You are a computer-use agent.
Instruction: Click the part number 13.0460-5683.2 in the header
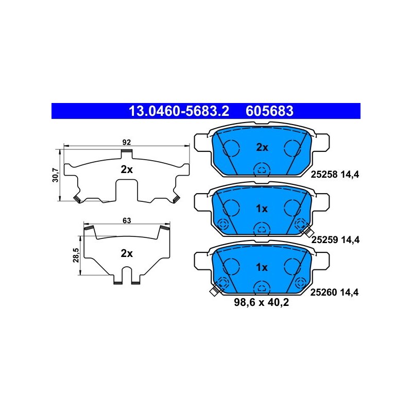pos(179,111)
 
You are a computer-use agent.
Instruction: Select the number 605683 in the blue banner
pos(269,111)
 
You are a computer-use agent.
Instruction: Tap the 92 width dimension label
pos(126,142)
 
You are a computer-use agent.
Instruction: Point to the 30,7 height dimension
pos(56,175)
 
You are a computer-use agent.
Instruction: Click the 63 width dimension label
pos(127,220)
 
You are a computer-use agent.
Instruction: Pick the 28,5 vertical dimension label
pos(76,255)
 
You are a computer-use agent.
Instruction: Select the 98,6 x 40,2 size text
pos(262,302)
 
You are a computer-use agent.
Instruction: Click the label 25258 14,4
pos(335,174)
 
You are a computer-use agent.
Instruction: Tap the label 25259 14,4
pos(335,239)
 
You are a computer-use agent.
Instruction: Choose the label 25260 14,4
pos(334,292)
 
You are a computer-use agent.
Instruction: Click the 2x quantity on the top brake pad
pos(262,147)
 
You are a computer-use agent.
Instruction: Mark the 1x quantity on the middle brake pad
pos(262,209)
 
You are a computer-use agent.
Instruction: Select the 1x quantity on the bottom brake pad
pos(262,267)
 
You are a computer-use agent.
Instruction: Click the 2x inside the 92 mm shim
pos(127,170)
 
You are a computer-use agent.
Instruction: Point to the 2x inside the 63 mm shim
pos(127,253)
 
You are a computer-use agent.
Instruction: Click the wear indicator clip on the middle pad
pos(308,232)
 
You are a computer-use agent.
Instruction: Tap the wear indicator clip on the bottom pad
pos(214,290)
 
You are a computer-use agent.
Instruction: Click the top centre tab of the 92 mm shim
pos(127,153)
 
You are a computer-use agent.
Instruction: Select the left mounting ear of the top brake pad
pos(202,143)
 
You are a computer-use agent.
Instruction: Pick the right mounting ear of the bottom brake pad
pos(321,261)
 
